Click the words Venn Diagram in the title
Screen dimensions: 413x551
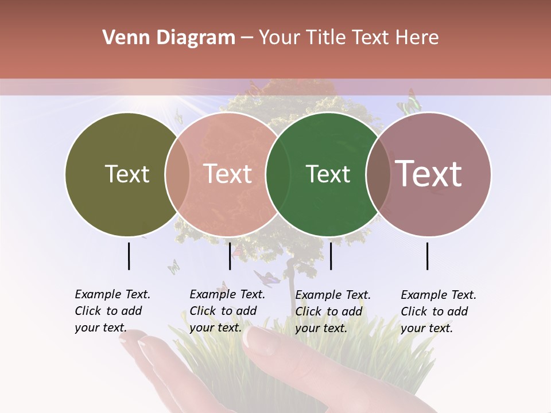coord(169,38)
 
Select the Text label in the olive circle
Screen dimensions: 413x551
coord(127,174)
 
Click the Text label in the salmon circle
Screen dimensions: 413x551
coord(228,174)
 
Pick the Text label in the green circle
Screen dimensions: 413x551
coord(328,174)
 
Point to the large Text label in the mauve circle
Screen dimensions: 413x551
coord(429,174)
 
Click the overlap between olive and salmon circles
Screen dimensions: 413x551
coord(177,174)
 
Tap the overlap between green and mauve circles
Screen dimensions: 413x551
coord(378,174)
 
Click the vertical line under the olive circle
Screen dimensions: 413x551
coord(129,256)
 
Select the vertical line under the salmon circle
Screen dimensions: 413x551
coord(230,256)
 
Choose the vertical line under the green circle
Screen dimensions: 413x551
coord(331,256)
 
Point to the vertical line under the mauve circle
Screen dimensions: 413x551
coord(428,256)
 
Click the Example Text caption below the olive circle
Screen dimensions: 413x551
coord(112,311)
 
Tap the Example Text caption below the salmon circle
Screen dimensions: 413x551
coord(227,311)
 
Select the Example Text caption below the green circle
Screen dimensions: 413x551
coord(333,311)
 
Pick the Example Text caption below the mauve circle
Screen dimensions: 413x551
coord(439,311)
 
